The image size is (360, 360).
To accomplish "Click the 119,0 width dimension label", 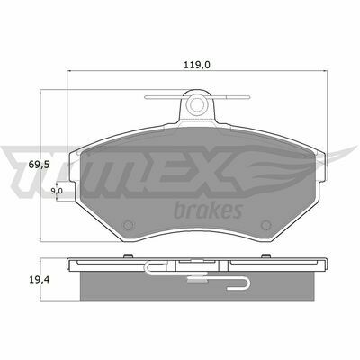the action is pyautogui.click(x=197, y=65).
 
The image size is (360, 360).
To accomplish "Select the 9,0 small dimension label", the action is pyautogui.click(x=57, y=191).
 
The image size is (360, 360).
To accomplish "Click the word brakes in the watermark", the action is pyautogui.click(x=208, y=210).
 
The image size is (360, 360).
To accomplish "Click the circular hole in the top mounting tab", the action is pyautogui.click(x=197, y=103).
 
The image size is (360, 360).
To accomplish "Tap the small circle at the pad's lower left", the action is pyautogui.click(x=129, y=225).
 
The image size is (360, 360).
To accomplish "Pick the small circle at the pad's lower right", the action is pyautogui.click(x=265, y=225).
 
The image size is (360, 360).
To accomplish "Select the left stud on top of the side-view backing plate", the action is pyautogui.click(x=129, y=256).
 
